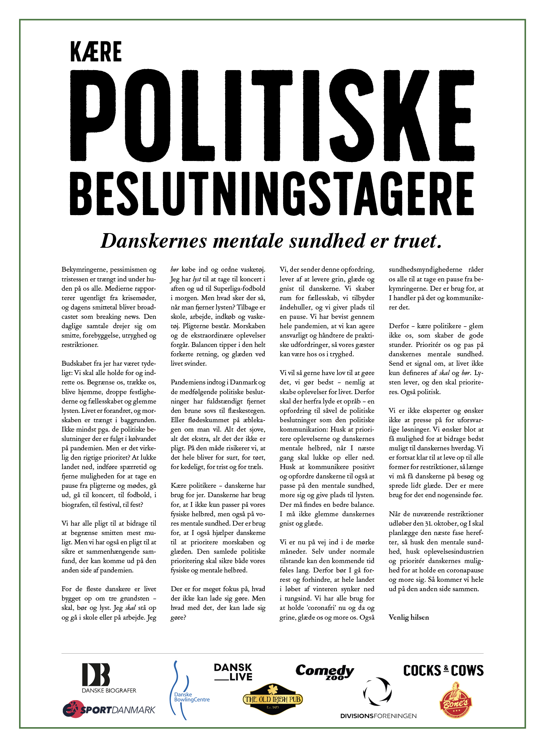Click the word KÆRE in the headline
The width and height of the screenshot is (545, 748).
coord(96,52)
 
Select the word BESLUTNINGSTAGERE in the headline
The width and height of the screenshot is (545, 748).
coord(272,194)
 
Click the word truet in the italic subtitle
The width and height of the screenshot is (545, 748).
coord(418,241)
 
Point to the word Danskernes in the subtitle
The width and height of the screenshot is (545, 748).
coord(154,241)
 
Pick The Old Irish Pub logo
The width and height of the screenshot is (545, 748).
coord(273,699)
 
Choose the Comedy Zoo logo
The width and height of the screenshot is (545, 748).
coord(325,672)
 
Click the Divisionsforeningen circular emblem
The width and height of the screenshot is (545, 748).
coord(377,692)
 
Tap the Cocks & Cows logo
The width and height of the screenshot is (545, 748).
coord(443,671)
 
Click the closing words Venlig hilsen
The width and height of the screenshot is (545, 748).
coord(409,617)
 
